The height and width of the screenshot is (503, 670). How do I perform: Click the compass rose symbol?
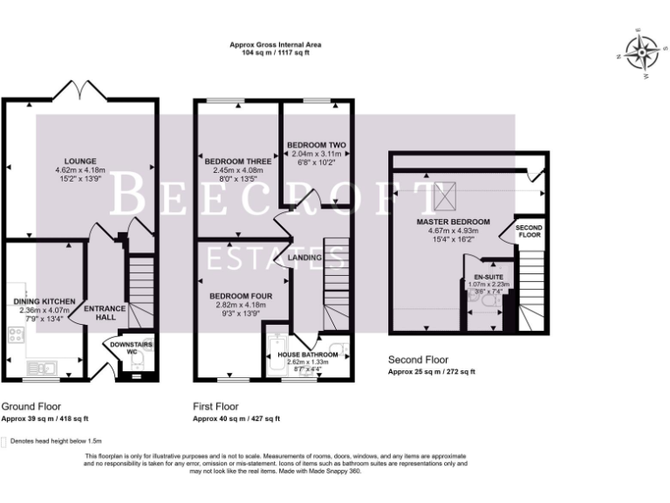pyautogui.click(x=643, y=55)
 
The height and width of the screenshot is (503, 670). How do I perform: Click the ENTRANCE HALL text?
pyautogui.click(x=105, y=313)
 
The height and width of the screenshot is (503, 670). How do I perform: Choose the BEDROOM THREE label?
pyautogui.click(x=237, y=162)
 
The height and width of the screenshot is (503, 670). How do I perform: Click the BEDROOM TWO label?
pyautogui.click(x=316, y=144)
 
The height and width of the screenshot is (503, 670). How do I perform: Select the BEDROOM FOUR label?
pyautogui.click(x=241, y=296)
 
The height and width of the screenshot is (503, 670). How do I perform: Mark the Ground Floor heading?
pyautogui.click(x=31, y=407)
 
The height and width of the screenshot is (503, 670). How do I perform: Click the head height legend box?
pyautogui.click(x=4, y=441)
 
